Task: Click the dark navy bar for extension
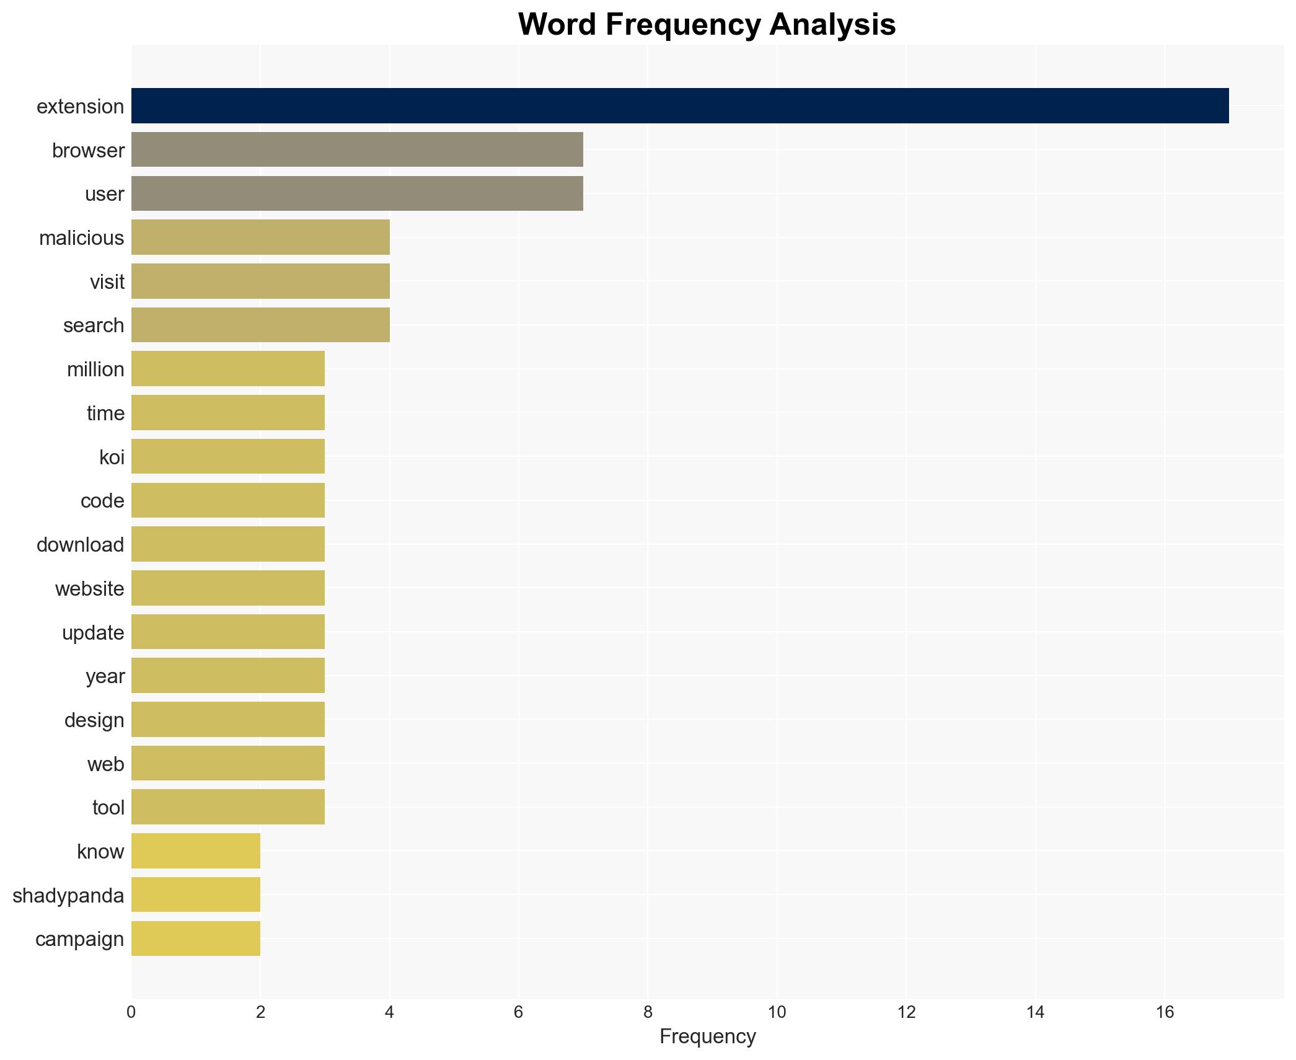click(679, 106)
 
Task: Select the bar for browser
click(357, 149)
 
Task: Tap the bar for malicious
click(260, 237)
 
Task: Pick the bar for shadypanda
click(196, 894)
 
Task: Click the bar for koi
click(228, 456)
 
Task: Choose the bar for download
click(228, 544)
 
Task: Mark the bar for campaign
click(196, 939)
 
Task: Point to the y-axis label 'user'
click(104, 194)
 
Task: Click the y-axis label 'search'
click(94, 325)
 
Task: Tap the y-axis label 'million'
click(95, 369)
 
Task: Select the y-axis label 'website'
click(90, 589)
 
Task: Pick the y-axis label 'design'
click(94, 720)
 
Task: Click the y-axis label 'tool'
click(108, 808)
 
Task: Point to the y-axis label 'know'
click(100, 852)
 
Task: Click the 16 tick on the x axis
click(1165, 1012)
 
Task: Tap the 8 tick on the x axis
click(648, 1012)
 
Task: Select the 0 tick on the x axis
click(131, 1012)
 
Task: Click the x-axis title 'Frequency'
click(707, 1036)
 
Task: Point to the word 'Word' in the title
click(557, 25)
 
